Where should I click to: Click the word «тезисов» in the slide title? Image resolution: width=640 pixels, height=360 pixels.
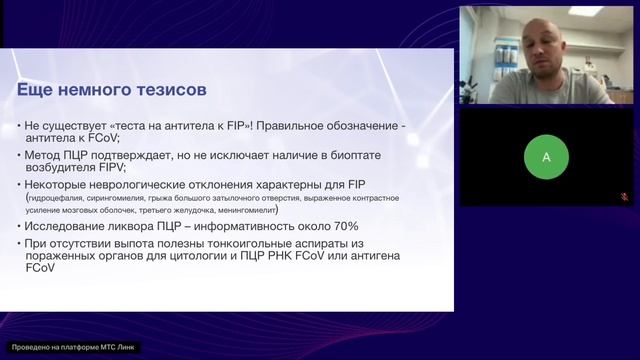click(x=172, y=90)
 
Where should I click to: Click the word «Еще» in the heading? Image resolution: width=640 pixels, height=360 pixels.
click(x=36, y=90)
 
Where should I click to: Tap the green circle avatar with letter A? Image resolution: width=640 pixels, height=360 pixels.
click(x=546, y=156)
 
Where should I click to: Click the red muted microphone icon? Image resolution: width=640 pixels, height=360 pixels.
click(x=628, y=198)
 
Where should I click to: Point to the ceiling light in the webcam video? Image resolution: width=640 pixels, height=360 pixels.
click(x=587, y=11)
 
